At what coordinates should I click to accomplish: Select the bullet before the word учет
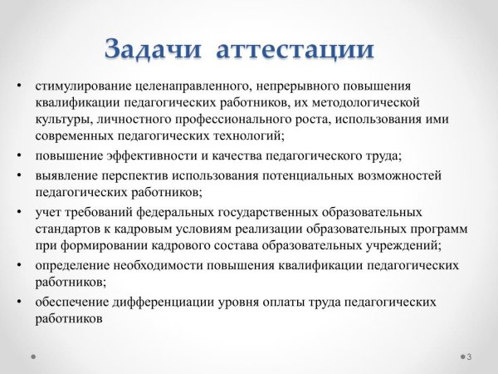click(x=18, y=212)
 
